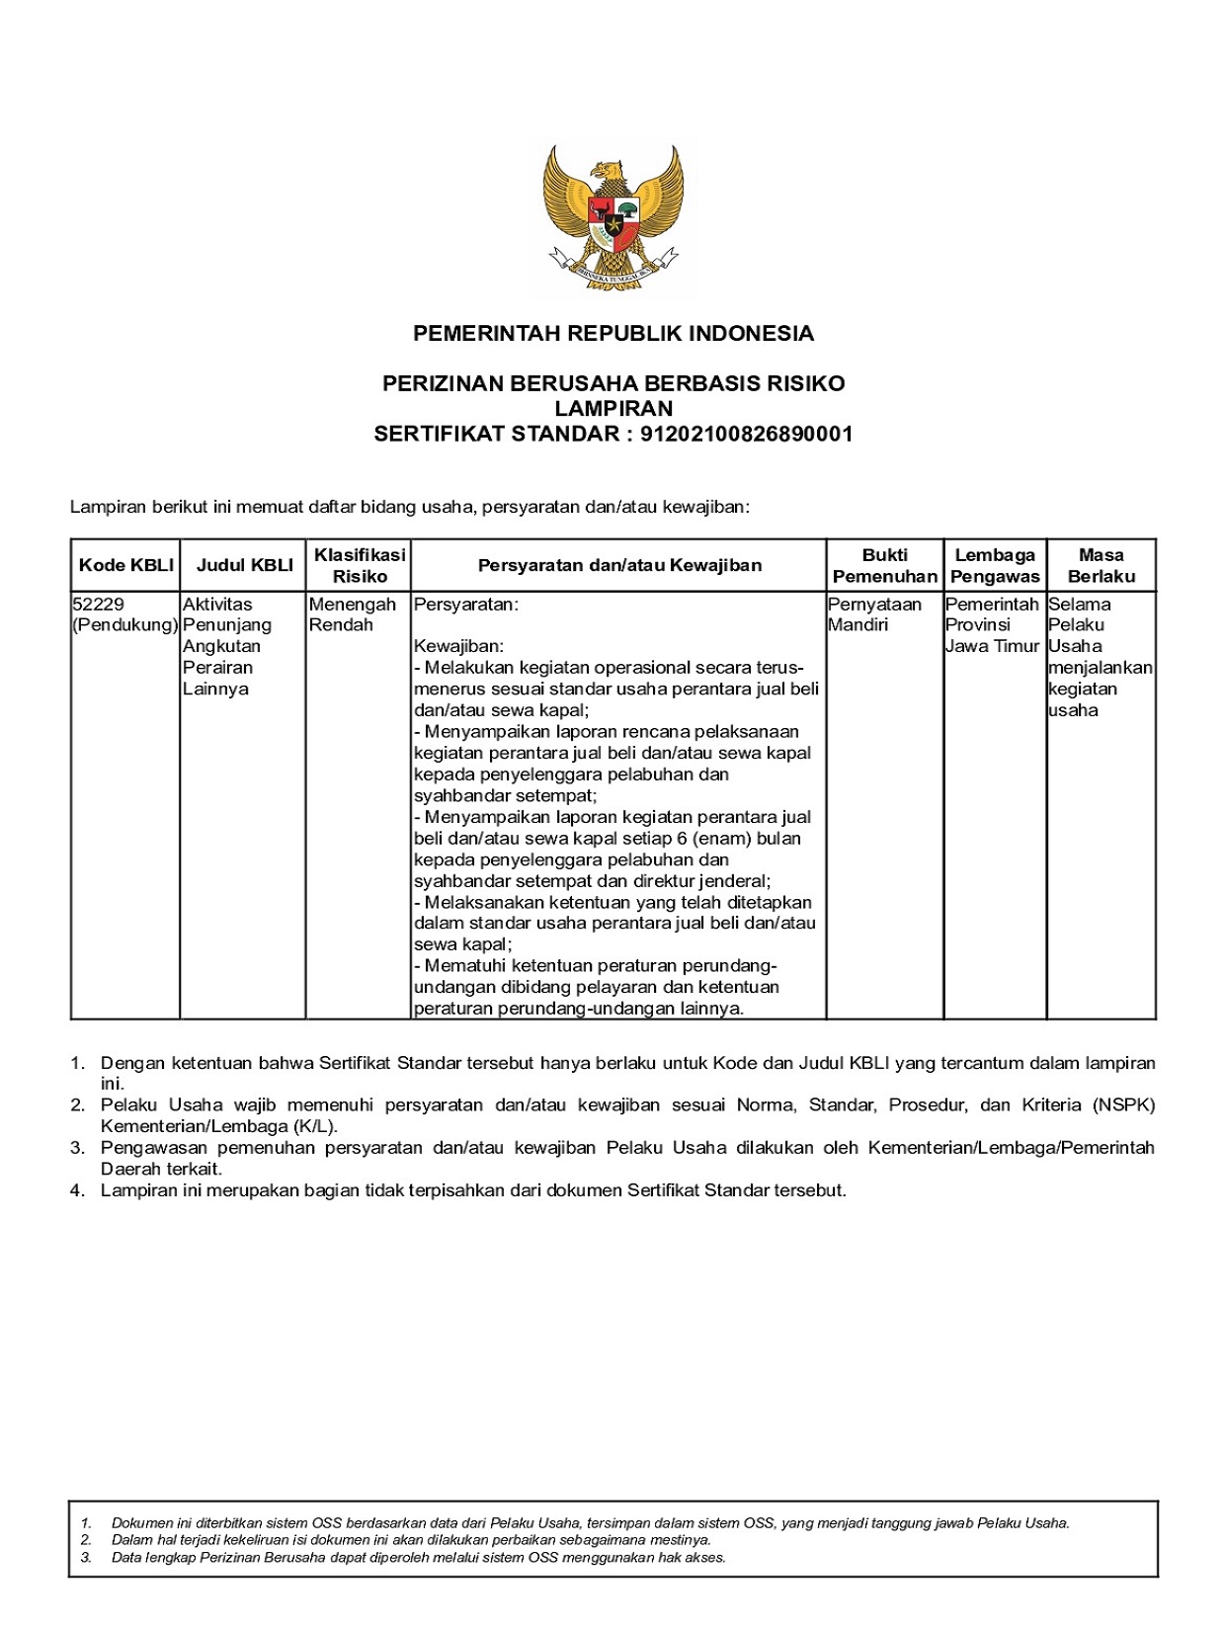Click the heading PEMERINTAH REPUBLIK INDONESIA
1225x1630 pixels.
coord(612,334)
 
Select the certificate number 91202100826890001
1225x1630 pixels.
coord(746,434)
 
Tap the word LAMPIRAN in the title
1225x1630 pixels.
coord(612,408)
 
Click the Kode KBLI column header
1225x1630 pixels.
coord(125,565)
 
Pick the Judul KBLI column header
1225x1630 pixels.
coord(244,565)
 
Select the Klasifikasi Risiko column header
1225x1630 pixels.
coord(359,565)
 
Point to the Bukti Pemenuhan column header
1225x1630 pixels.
coord(884,565)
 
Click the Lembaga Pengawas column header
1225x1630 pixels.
coord(994,565)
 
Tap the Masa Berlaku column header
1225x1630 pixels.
coord(1101,565)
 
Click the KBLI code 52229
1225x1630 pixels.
coord(99,604)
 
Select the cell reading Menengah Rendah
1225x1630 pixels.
coord(352,614)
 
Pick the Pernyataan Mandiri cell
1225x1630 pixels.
coord(874,614)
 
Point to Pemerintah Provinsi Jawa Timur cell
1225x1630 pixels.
coord(992,624)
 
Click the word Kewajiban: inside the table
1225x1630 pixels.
coord(458,646)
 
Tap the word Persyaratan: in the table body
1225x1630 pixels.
coord(465,604)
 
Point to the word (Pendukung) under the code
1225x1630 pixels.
coord(125,625)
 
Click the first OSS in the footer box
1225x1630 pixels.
coord(327,1523)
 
